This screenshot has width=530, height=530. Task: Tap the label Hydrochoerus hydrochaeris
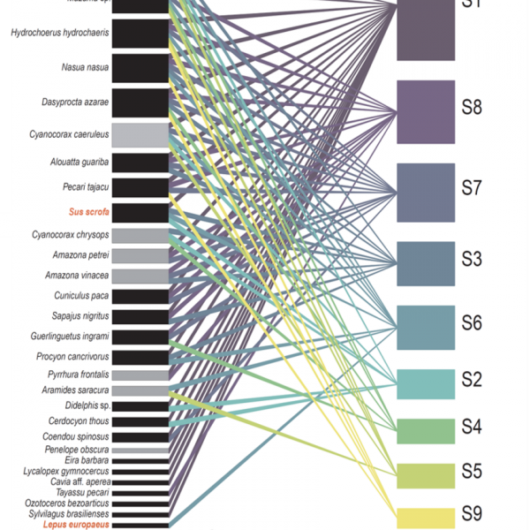click(60, 33)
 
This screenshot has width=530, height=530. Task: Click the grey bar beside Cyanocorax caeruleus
click(141, 134)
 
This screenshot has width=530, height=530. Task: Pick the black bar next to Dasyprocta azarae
click(141, 102)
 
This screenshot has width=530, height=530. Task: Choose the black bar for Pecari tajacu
click(141, 187)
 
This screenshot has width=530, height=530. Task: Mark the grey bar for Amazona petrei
click(141, 256)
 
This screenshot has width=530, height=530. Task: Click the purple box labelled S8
click(426, 111)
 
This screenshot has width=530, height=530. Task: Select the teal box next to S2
click(426, 383)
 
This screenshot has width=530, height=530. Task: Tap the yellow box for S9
click(426, 518)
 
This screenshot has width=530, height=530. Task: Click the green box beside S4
click(426, 430)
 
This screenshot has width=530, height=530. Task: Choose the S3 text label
click(472, 259)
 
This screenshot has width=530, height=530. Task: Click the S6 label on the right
click(472, 323)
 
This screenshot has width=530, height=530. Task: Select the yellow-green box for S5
click(426, 474)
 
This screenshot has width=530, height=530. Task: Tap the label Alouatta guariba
click(80, 162)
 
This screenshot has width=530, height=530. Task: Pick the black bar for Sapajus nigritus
click(141, 315)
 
